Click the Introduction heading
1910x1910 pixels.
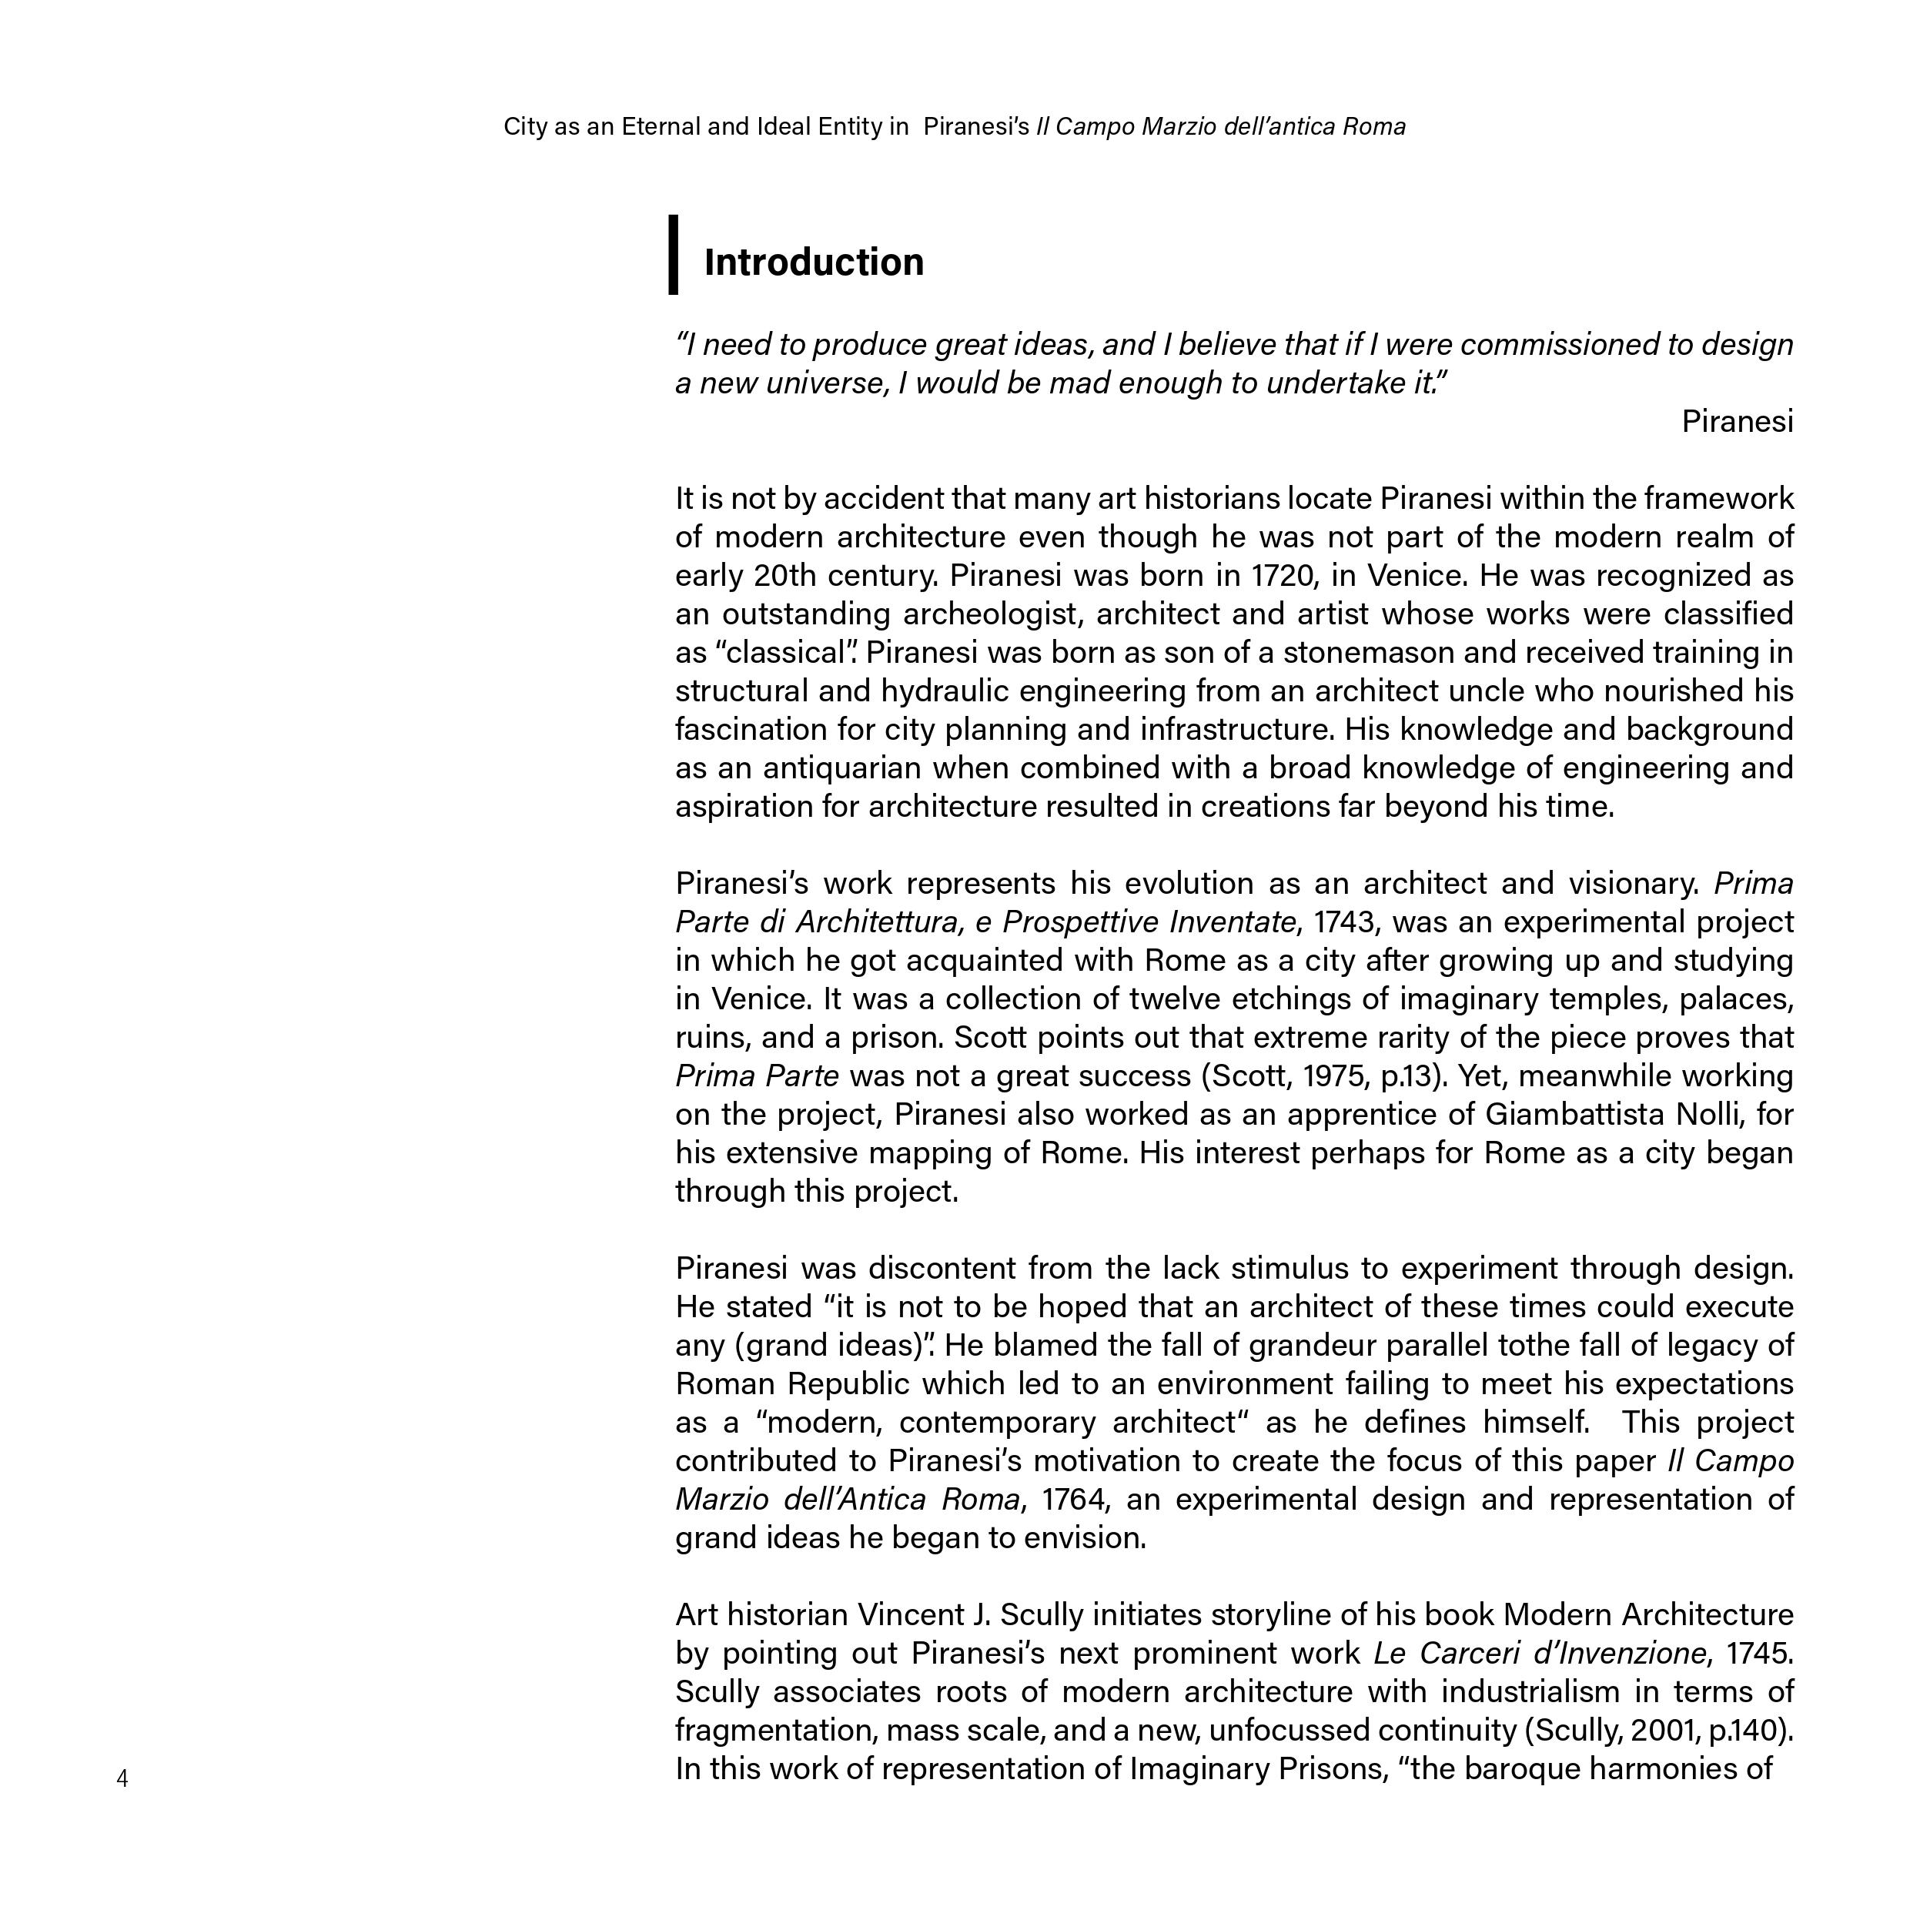[814, 262]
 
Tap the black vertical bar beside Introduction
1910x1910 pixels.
[674, 254]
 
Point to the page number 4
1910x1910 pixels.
[122, 1779]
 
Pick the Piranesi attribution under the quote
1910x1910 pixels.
[1737, 421]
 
